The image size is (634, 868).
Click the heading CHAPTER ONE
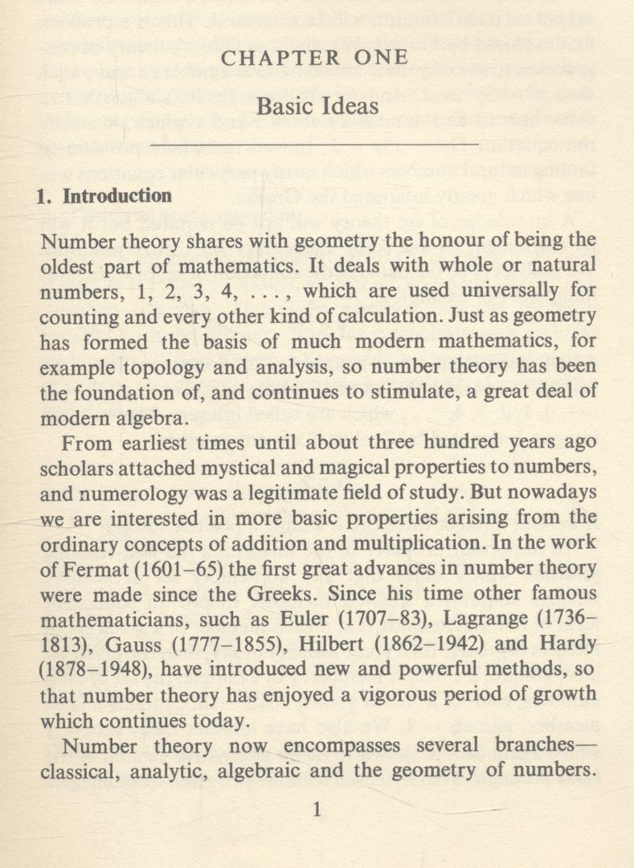tap(317, 59)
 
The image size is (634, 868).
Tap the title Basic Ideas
tap(317, 105)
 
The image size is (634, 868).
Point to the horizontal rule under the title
tap(317, 145)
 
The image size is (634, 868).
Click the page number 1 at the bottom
tap(317, 810)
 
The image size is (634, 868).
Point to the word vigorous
tap(382, 694)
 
